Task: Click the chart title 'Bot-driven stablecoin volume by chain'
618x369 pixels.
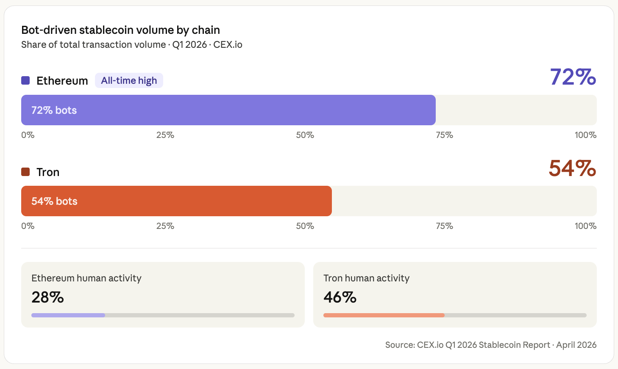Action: (120, 30)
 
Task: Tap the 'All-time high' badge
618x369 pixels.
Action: (129, 80)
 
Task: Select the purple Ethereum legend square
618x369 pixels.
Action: (25, 80)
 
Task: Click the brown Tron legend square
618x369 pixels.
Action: (25, 172)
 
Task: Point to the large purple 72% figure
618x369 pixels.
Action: (573, 77)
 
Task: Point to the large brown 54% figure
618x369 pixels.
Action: (572, 168)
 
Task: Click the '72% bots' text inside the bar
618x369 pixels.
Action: (54, 110)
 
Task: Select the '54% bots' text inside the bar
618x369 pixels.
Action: (54, 201)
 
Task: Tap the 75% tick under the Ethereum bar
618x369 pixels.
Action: (444, 135)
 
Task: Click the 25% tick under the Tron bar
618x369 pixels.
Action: (165, 226)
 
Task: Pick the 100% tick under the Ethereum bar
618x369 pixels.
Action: (585, 135)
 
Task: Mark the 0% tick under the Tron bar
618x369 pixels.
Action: (28, 226)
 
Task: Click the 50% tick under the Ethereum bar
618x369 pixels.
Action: (305, 135)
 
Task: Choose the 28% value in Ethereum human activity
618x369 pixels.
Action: (47, 297)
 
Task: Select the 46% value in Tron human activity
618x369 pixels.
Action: (340, 297)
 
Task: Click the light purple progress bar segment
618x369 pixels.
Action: (68, 315)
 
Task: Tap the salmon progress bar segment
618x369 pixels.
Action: (384, 315)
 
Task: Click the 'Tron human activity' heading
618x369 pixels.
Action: (366, 278)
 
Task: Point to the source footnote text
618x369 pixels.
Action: (490, 345)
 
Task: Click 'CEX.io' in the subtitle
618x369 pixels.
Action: (228, 45)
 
